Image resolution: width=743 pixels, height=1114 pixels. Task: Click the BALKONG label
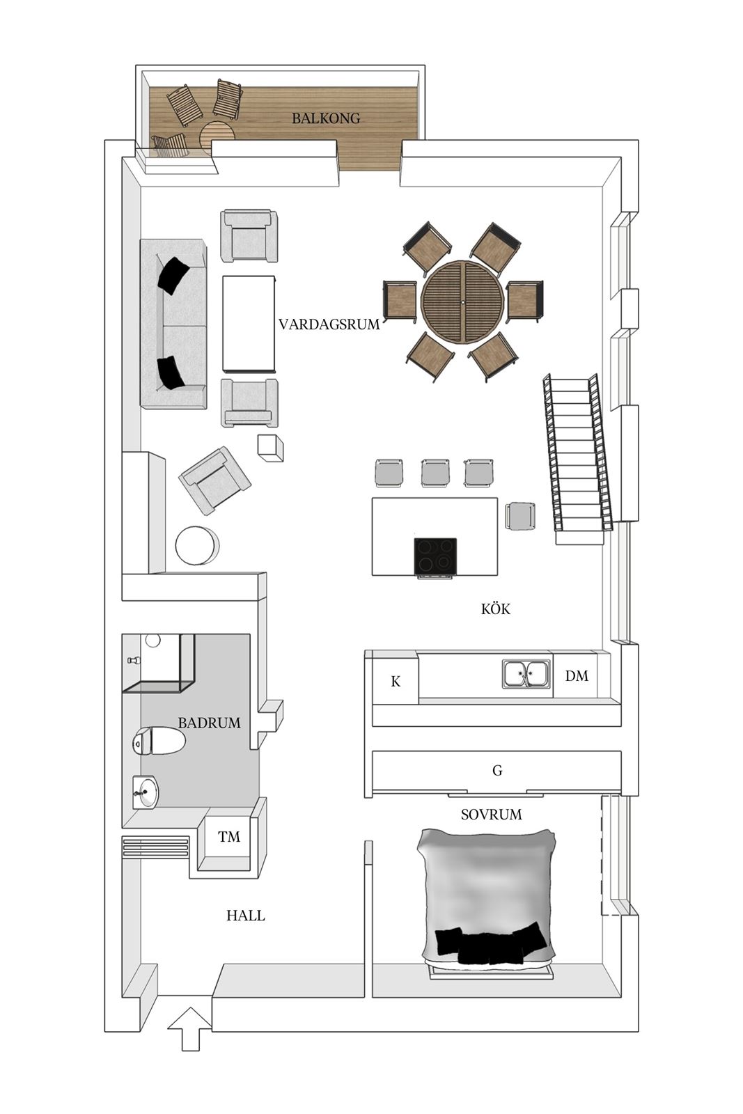tap(326, 118)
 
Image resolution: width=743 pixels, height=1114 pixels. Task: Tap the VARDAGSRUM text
tap(329, 324)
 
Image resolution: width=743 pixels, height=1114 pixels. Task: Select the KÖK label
tap(495, 609)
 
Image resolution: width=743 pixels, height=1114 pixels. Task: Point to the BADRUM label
tap(209, 723)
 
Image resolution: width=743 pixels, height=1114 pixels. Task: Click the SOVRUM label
tap(491, 815)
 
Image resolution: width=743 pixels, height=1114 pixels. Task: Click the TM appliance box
tap(228, 838)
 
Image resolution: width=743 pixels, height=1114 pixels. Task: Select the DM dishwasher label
tap(577, 676)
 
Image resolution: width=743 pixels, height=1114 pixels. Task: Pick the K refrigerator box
tap(396, 681)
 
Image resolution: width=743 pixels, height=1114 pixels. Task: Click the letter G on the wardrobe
tap(497, 770)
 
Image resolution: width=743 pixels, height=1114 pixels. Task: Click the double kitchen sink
tap(526, 674)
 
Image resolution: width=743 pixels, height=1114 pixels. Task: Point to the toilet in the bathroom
tap(159, 741)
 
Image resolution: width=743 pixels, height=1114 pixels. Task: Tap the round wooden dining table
tap(462, 302)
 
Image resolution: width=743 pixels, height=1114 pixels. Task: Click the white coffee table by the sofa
tap(249, 324)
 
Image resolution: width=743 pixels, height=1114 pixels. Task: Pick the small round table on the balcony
tap(217, 136)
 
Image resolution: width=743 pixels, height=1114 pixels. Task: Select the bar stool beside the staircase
tap(520, 516)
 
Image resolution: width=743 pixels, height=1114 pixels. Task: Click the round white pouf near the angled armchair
tap(196, 546)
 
